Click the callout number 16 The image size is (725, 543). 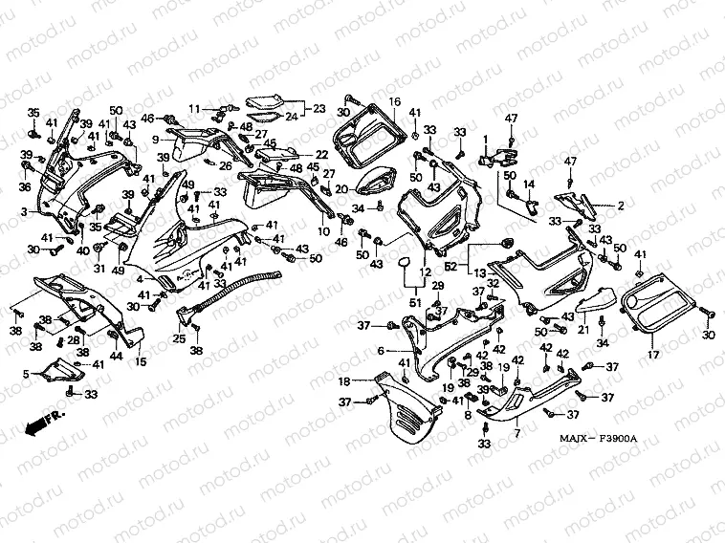[x=393, y=100]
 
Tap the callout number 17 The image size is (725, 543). [x=654, y=356]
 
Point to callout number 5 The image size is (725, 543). [x=38, y=374]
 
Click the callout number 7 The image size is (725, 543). [x=516, y=434]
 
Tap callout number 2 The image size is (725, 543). [x=620, y=205]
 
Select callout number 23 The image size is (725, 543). [x=319, y=107]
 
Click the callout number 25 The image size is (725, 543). [x=179, y=338]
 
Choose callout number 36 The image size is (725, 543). [x=26, y=186]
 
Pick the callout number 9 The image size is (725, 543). [x=155, y=140]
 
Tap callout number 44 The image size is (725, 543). [x=116, y=356]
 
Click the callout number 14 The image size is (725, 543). [x=528, y=184]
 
